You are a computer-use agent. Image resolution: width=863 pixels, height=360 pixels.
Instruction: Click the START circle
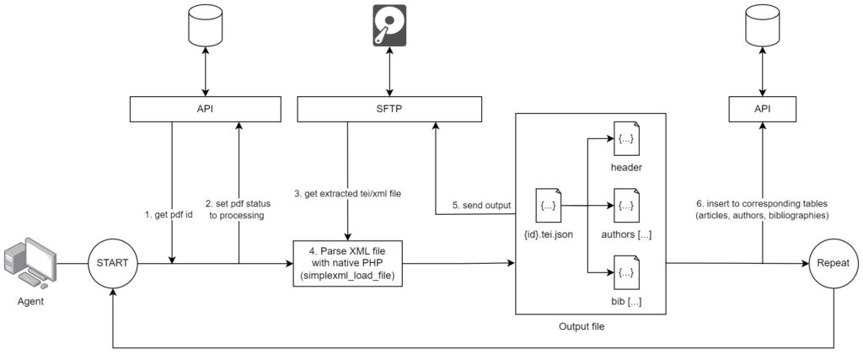click(113, 263)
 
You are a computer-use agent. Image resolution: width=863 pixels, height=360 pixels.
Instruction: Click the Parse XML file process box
click(346, 263)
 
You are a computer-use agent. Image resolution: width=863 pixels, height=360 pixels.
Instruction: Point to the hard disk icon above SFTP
click(389, 24)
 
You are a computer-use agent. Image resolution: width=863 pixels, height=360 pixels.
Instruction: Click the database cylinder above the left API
click(205, 30)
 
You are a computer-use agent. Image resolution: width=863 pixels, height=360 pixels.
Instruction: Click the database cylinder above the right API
click(763, 30)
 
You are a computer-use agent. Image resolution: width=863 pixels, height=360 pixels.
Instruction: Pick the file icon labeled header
click(626, 139)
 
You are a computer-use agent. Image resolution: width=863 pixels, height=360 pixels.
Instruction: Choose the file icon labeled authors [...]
click(626, 205)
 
